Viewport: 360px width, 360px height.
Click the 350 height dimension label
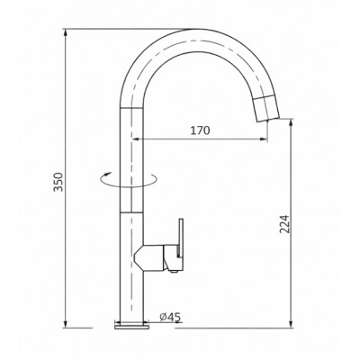click(58, 182)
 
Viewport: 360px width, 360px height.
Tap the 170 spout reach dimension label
click(200, 130)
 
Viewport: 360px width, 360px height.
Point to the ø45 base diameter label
click(170, 317)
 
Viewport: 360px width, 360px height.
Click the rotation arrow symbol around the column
click(129, 180)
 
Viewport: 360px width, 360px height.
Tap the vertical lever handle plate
click(181, 238)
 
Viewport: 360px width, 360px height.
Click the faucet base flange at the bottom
click(131, 326)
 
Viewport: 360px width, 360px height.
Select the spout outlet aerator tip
click(267, 109)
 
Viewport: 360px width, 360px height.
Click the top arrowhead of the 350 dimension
click(65, 32)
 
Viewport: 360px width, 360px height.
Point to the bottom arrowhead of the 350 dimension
click(65, 324)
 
